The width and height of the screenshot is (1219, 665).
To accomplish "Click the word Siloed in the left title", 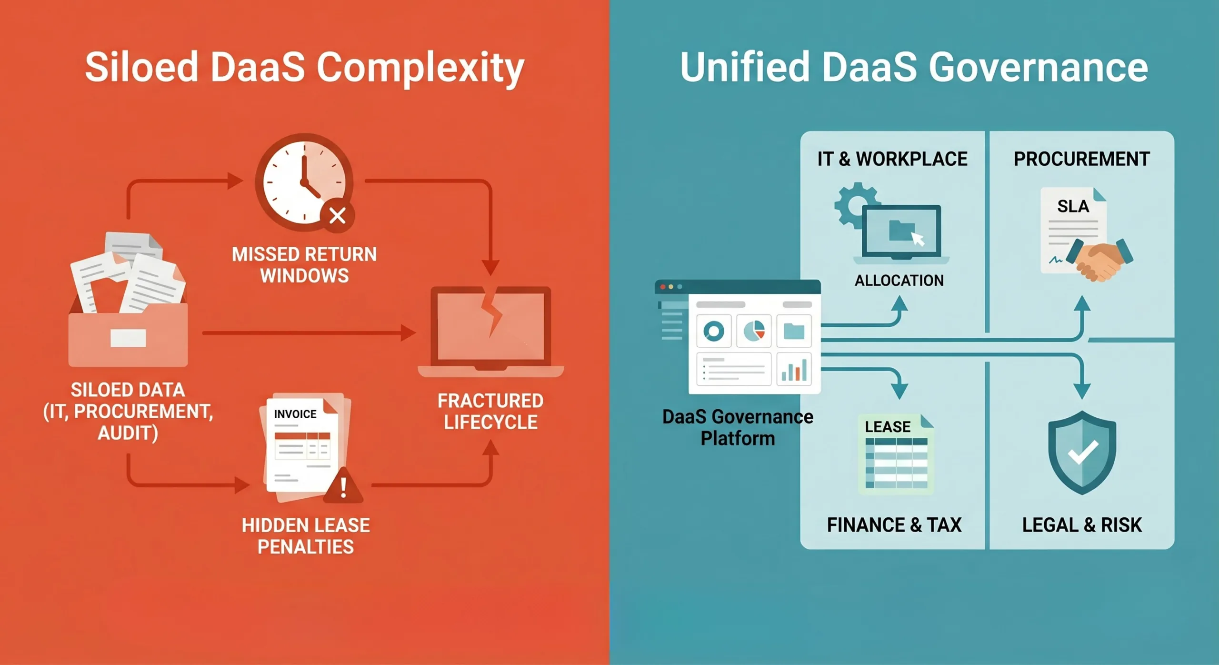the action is point(141,67).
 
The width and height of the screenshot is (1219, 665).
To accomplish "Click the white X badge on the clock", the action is point(338,216).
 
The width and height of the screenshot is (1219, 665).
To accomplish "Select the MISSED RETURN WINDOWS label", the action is point(304,265).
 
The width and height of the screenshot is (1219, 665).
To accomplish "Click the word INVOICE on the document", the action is point(295,414).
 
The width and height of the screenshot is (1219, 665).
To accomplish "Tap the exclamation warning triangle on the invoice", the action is point(343,485).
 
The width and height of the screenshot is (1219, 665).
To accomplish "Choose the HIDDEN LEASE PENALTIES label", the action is point(306,536).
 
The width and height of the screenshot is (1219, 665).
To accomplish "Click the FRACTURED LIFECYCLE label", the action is point(490,412).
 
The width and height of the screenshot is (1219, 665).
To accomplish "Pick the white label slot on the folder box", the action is point(128,338).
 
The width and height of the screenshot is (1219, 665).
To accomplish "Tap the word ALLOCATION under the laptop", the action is point(899,281).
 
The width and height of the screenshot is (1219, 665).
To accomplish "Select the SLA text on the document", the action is point(1073,206).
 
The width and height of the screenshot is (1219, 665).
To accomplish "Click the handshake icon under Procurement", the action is point(1099,260).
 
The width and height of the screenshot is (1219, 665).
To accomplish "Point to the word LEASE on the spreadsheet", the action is point(888,427).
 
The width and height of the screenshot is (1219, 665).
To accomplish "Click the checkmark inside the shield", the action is point(1083,453).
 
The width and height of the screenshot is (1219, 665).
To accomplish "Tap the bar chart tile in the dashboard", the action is point(794,369).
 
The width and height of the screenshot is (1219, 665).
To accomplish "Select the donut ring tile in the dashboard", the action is point(713,331).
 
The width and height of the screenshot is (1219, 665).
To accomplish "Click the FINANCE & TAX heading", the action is point(894,525).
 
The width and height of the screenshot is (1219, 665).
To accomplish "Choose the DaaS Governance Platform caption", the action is point(738,427).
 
